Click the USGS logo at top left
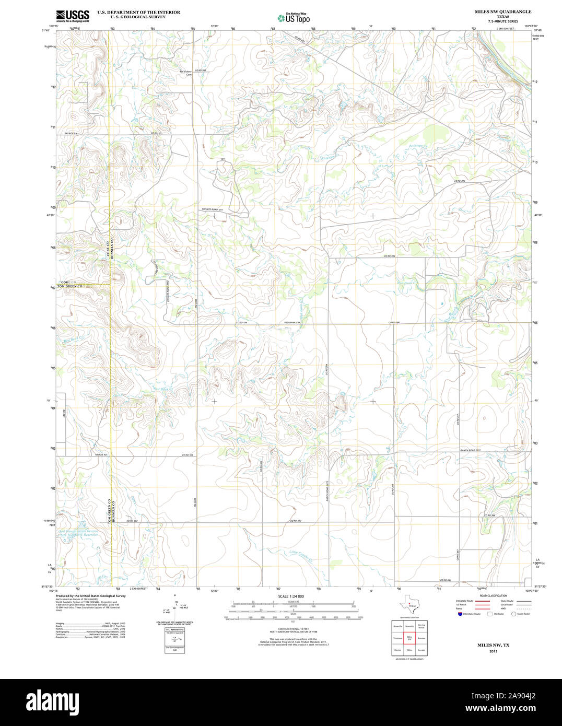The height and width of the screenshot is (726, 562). click(x=73, y=15)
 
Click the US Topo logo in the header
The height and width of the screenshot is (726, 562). click(x=294, y=18)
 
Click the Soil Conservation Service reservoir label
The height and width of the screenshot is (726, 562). click(x=78, y=532)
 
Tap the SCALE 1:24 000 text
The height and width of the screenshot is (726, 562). click(x=291, y=596)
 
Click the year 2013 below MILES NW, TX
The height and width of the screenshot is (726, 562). click(x=493, y=651)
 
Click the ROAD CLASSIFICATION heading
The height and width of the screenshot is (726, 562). click(x=493, y=596)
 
